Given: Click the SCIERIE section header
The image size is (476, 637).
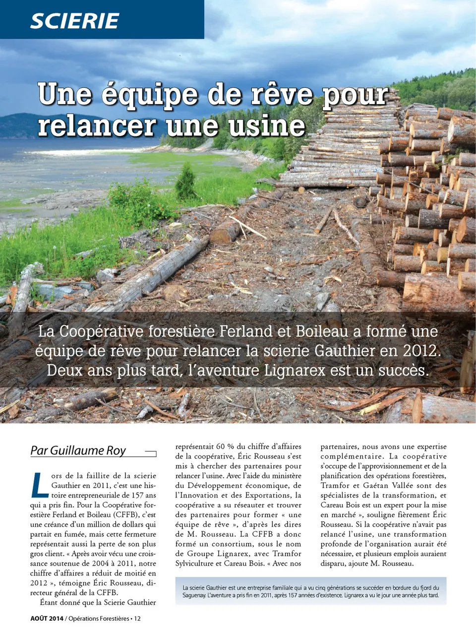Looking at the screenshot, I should point(74,21).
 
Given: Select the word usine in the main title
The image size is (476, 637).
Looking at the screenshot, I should point(267,126).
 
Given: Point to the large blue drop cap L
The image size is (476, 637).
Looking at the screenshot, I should point(39,485).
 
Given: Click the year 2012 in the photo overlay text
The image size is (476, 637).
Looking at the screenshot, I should point(420,351).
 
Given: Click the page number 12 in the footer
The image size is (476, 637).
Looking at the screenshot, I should point(137,619).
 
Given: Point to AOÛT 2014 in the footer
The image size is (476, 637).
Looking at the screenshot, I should point(47,619).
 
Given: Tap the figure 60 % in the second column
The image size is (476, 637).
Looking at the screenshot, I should point(225,446).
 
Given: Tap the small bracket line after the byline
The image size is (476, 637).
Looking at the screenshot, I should point(151,453).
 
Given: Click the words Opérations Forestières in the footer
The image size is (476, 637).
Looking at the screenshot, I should point(99,619).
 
